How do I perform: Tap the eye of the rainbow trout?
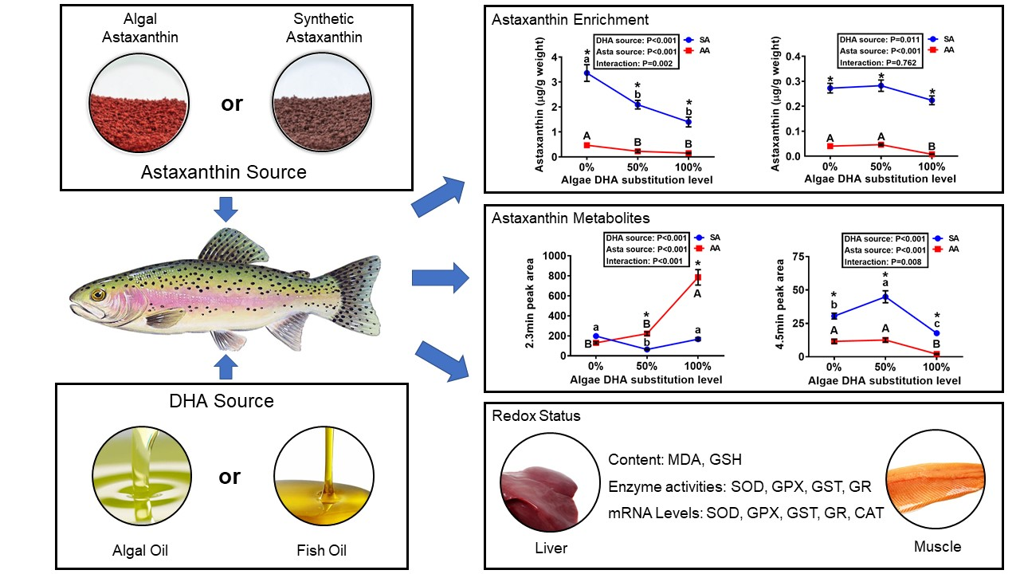[x=98, y=294]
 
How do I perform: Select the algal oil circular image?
[x=141, y=476]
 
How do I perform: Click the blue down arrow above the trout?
[x=228, y=210]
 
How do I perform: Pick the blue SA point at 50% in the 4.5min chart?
[x=885, y=297]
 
